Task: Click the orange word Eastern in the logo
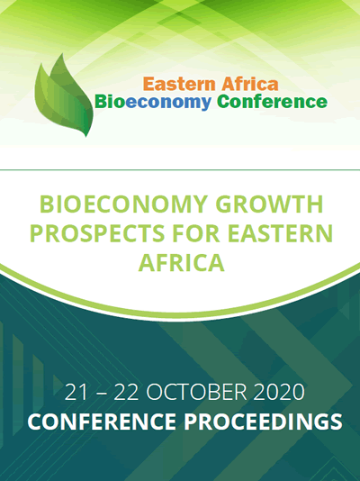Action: pos(179,84)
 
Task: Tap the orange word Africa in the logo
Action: pos(250,84)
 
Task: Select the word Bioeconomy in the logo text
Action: pos(153,103)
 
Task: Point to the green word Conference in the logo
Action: pos(272,102)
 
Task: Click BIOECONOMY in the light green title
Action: pos(124,204)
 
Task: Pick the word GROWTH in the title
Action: pos(269,204)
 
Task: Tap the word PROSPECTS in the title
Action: pos(97,233)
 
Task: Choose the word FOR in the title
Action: pos(196,233)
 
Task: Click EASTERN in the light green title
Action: pos(280,233)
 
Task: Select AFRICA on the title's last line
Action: pos(182,263)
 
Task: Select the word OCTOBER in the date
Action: pos(196,392)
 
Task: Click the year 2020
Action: pos(279,392)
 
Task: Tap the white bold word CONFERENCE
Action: pos(102,422)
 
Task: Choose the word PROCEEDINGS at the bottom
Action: pos(263,422)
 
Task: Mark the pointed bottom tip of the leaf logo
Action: pos(86,137)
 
